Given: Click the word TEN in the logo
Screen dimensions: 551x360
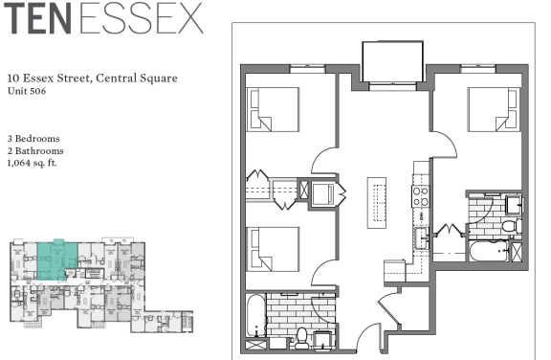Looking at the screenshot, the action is click(x=37, y=18).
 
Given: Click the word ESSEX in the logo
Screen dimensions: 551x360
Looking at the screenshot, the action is click(x=142, y=18).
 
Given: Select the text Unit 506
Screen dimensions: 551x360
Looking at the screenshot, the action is click(x=27, y=91).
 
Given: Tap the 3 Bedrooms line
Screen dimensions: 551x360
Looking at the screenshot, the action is click(x=33, y=139).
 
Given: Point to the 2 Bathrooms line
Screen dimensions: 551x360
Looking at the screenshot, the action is click(x=35, y=151).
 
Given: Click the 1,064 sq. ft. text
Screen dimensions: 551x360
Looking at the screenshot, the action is click(x=32, y=163).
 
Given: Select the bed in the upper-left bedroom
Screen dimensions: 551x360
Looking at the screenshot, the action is click(x=273, y=110).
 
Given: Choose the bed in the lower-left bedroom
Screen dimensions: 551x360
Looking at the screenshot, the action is click(x=273, y=249).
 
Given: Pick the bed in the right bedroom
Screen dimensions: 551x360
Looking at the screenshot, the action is click(x=494, y=110).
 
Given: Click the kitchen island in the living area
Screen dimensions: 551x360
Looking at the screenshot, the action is click(x=377, y=203).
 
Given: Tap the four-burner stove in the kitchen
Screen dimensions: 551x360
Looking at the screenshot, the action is click(x=421, y=196).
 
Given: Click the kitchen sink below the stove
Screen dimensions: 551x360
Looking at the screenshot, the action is click(x=421, y=237).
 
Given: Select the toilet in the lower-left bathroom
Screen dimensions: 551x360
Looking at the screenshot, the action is click(x=302, y=338).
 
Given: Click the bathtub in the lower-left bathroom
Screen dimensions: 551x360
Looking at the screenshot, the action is click(x=255, y=315).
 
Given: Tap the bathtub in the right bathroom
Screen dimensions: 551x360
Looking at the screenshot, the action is click(x=489, y=251).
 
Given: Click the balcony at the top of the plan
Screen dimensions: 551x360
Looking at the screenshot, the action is click(x=393, y=62).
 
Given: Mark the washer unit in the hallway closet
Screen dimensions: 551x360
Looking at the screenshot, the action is click(x=322, y=194).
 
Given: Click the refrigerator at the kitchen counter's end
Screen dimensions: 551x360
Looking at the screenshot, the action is click(x=395, y=271).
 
